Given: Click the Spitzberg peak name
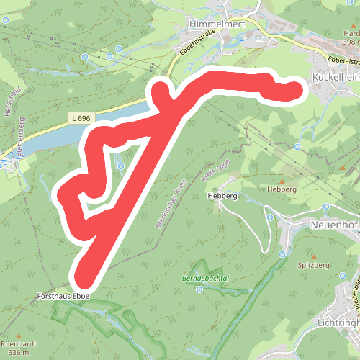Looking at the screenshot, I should pos(314,266).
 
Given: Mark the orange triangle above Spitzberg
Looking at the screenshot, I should pos(314,256).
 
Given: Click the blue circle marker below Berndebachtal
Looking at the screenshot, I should pos(199,290).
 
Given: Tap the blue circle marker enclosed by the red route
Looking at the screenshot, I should pos(120,166).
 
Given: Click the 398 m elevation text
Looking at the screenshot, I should pos(351,42).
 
